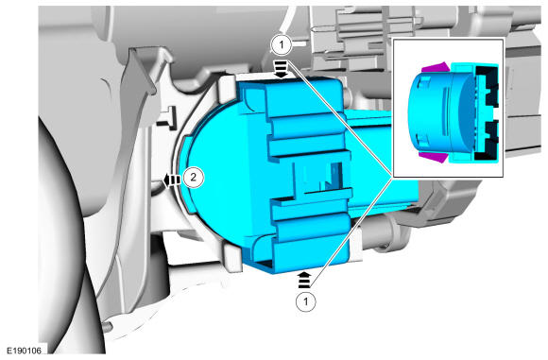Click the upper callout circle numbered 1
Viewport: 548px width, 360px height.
(x=282, y=45)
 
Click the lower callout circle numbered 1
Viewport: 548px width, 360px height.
(x=306, y=300)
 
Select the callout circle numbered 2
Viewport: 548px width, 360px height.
(x=193, y=178)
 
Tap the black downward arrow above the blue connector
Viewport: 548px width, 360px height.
(x=282, y=68)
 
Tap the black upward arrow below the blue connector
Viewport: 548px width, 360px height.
(x=304, y=280)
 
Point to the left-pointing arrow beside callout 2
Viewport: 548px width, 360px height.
(x=172, y=180)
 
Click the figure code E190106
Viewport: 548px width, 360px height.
(x=25, y=351)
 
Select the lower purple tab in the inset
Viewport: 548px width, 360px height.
(x=434, y=157)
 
